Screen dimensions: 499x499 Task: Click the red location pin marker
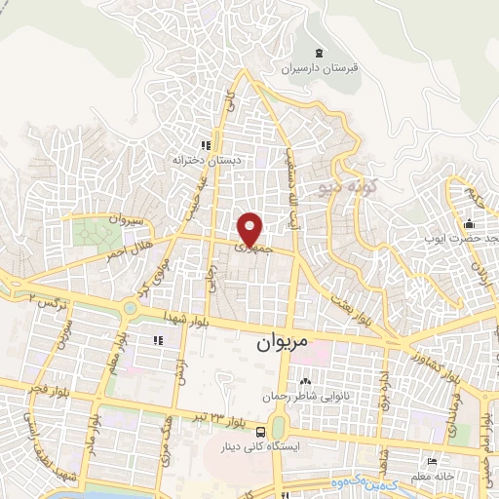250,229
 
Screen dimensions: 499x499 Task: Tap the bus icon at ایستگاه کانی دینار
260,432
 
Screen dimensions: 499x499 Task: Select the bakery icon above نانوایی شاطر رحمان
306,381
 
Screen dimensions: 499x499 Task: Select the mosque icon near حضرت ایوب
469,223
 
